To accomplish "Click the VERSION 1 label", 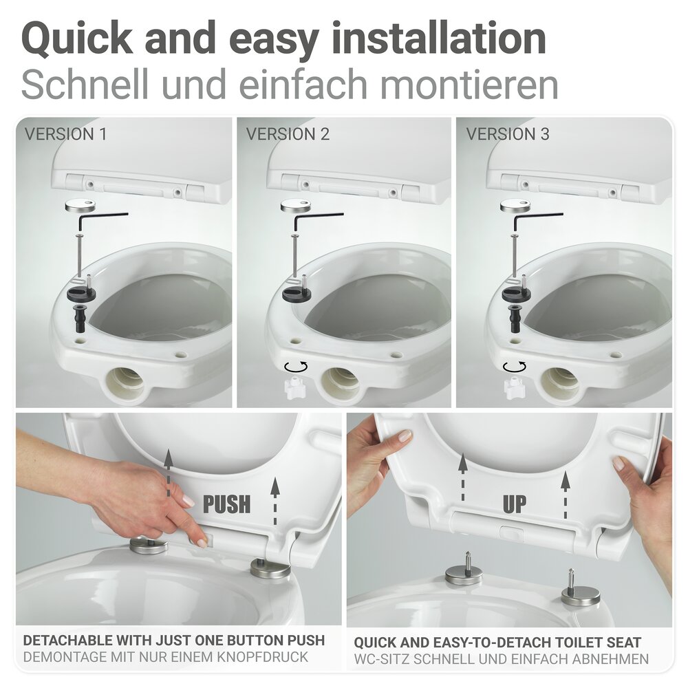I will pos(66,134).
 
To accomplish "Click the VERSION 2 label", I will pos(288,134).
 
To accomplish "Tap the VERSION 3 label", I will pos(508,134).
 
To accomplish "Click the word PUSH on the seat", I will pos(226,504).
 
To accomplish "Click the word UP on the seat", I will pos(514,504).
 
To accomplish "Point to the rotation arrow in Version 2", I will pos(297,365).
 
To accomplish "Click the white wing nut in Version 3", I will pos(514,389).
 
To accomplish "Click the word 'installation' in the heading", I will pos(440,40).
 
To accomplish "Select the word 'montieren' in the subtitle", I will pos(469,85).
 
